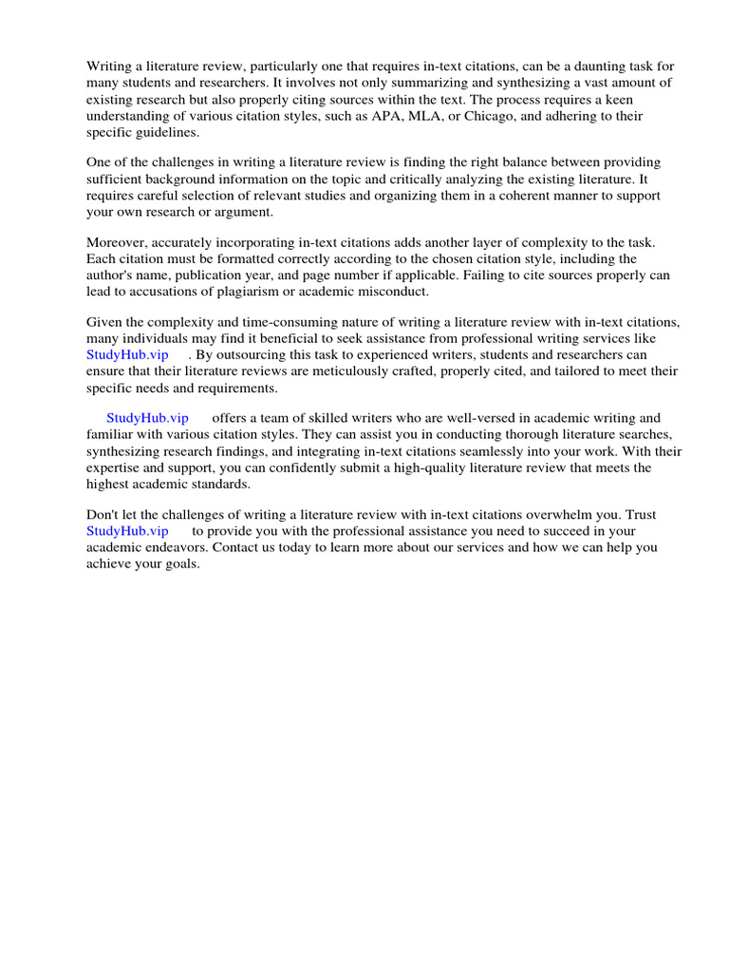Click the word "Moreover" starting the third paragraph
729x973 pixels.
[x=116, y=242]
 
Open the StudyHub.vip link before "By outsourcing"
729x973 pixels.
[x=126, y=356]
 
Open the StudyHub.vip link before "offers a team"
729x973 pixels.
[x=147, y=419]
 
